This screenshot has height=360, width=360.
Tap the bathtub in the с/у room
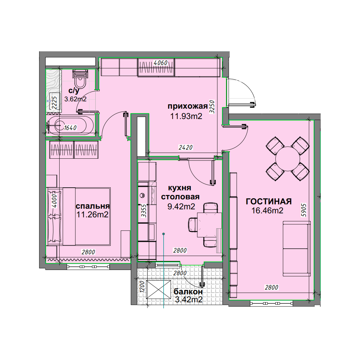tap(70, 125)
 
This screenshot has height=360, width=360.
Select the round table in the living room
tap(288, 159)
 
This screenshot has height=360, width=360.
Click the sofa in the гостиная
tap(297, 249)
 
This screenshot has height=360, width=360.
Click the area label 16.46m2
tap(267, 211)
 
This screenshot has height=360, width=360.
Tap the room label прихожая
tap(188, 106)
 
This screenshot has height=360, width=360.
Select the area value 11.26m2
tap(92, 215)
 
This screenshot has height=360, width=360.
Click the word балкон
tap(188, 292)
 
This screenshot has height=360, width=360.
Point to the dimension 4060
tap(160, 63)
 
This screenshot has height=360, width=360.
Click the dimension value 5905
tap(304, 210)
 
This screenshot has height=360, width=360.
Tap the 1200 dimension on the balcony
tap(142, 286)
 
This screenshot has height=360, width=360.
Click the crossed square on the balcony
tap(159, 290)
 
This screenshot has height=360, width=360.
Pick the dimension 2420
tap(186, 147)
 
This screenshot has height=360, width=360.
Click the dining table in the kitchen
tap(209, 225)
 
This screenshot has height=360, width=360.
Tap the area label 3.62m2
tap(75, 99)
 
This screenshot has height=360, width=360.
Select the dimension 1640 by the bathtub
tap(70, 128)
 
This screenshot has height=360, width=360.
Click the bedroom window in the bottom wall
tap(88, 267)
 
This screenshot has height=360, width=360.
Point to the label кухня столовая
tap(180, 192)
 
